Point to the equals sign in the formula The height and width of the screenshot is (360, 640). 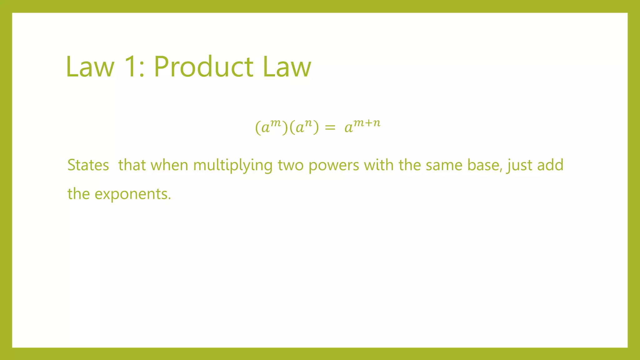330,127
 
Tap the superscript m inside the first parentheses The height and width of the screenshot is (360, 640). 276,123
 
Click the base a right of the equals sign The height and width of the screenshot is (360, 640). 348,128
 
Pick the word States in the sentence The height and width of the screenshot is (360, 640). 88,165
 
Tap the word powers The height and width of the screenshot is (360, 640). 334,166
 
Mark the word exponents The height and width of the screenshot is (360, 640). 133,194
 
